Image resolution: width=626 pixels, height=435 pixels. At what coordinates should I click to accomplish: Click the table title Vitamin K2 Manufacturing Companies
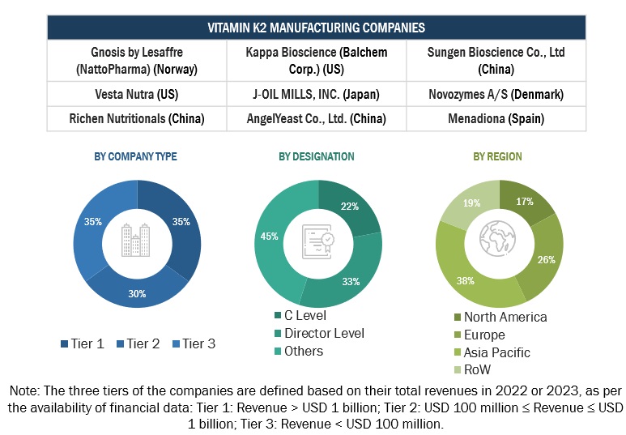coord(316,28)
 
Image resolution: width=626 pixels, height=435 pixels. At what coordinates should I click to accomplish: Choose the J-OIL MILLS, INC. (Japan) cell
coord(317,95)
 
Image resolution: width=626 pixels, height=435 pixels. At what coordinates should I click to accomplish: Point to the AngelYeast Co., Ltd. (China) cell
coord(317,118)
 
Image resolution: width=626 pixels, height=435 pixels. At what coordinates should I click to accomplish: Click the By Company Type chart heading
coord(136,156)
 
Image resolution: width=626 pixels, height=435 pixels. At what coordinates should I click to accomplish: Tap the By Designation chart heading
coord(317,156)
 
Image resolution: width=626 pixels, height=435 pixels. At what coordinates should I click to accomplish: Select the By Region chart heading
coord(497,156)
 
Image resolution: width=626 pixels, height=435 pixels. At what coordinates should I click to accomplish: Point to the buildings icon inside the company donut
coord(137,240)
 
